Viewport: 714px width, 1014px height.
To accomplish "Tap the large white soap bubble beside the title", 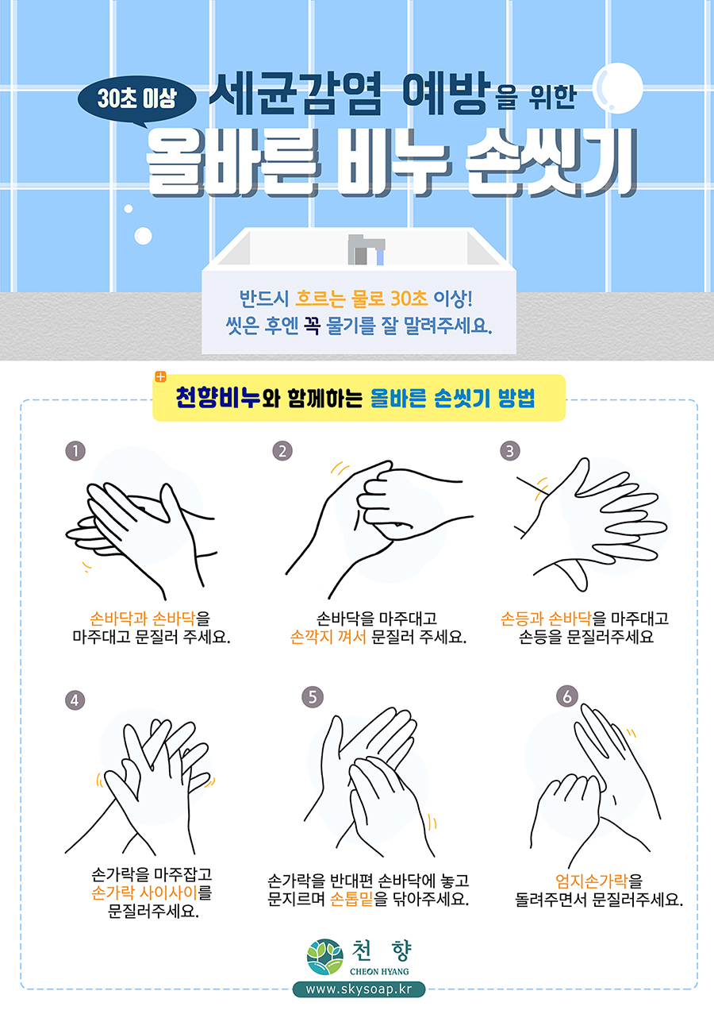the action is pyautogui.click(x=617, y=88).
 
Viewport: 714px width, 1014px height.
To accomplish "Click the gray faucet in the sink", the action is pyautogui.click(x=367, y=249).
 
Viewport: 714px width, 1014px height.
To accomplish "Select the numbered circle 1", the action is pyautogui.click(x=75, y=451).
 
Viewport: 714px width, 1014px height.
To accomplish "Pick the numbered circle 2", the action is pyautogui.click(x=282, y=451).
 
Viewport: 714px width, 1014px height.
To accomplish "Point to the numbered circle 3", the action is pyautogui.click(x=510, y=451).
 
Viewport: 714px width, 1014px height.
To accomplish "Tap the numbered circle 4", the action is pyautogui.click(x=75, y=700).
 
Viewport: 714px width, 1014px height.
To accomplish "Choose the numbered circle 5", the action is pyautogui.click(x=313, y=696).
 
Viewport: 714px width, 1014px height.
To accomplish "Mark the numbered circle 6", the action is pyautogui.click(x=567, y=696).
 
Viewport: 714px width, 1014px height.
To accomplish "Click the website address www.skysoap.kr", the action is pyautogui.click(x=359, y=989).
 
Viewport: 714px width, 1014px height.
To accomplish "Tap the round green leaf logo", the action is pyautogui.click(x=324, y=957).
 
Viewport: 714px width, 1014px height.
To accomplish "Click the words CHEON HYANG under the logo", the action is pyautogui.click(x=379, y=971).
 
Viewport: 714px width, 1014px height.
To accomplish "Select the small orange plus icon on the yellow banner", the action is pyautogui.click(x=160, y=376).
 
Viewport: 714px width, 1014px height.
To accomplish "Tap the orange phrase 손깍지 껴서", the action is pyautogui.click(x=328, y=637).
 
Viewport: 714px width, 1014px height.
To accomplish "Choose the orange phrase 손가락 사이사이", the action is pyautogui.click(x=144, y=893).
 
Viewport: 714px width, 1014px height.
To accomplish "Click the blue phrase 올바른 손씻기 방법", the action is pyautogui.click(x=453, y=398).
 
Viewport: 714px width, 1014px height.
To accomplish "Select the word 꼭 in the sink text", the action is pyautogui.click(x=312, y=325).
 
